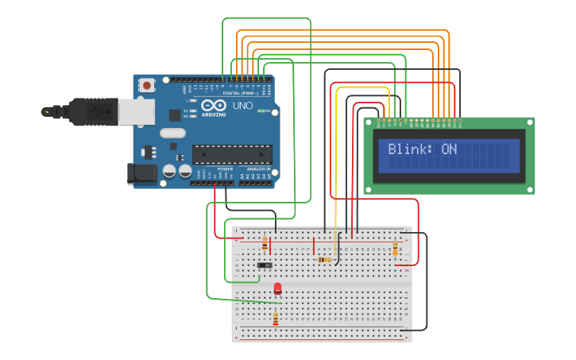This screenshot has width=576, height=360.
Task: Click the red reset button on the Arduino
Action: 147,84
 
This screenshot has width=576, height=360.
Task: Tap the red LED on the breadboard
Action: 277,288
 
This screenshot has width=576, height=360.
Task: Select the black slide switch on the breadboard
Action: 265,265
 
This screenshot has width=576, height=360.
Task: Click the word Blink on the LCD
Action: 408,149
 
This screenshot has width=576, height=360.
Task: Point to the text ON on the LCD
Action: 449,149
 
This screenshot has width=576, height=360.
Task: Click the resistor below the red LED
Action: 276,319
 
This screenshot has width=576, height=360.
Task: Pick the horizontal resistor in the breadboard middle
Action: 323,260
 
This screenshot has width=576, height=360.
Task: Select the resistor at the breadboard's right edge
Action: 395,249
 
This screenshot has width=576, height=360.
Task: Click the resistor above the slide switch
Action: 265,244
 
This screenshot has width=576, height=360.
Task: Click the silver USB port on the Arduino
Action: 137,111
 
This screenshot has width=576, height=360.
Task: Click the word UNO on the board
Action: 242,106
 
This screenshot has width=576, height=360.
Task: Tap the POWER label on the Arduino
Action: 226,169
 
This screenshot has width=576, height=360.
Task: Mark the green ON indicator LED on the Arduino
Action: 260,111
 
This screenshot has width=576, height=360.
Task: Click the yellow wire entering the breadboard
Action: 336,230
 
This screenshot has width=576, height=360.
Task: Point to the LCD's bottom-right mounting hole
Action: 529,189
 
